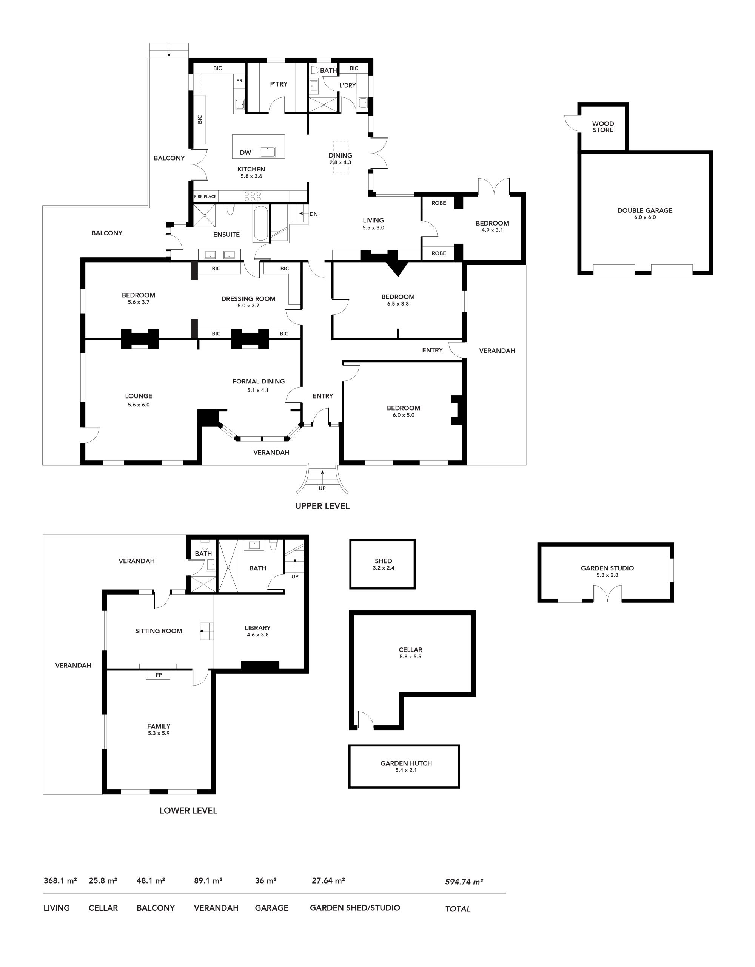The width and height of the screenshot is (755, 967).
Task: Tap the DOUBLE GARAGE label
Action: pyautogui.click(x=645, y=210)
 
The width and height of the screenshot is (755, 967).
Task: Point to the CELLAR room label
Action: pyautogui.click(x=410, y=650)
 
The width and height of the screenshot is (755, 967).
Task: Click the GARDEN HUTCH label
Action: pyautogui.click(x=406, y=763)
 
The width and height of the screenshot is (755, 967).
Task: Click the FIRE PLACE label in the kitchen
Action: pyautogui.click(x=205, y=196)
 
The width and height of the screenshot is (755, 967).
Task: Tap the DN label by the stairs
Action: pyautogui.click(x=313, y=214)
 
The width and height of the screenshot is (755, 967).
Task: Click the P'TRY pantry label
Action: pyautogui.click(x=279, y=84)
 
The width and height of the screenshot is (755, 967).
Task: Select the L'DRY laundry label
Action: pyautogui.click(x=347, y=85)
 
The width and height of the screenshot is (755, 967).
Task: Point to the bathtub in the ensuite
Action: pyautogui.click(x=261, y=224)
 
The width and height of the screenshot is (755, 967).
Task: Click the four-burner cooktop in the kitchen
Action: pyautogui.click(x=253, y=196)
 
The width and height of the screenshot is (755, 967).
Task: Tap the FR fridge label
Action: pyautogui.click(x=239, y=80)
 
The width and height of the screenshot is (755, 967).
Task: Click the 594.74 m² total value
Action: pyautogui.click(x=464, y=882)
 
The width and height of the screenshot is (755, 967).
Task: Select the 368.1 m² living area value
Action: pyautogui.click(x=60, y=880)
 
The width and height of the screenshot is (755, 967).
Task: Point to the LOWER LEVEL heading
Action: pyautogui.click(x=188, y=811)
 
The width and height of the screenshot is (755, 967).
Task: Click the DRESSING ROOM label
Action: pyautogui.click(x=248, y=299)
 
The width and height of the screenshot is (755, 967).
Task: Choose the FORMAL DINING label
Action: pyautogui.click(x=259, y=381)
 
